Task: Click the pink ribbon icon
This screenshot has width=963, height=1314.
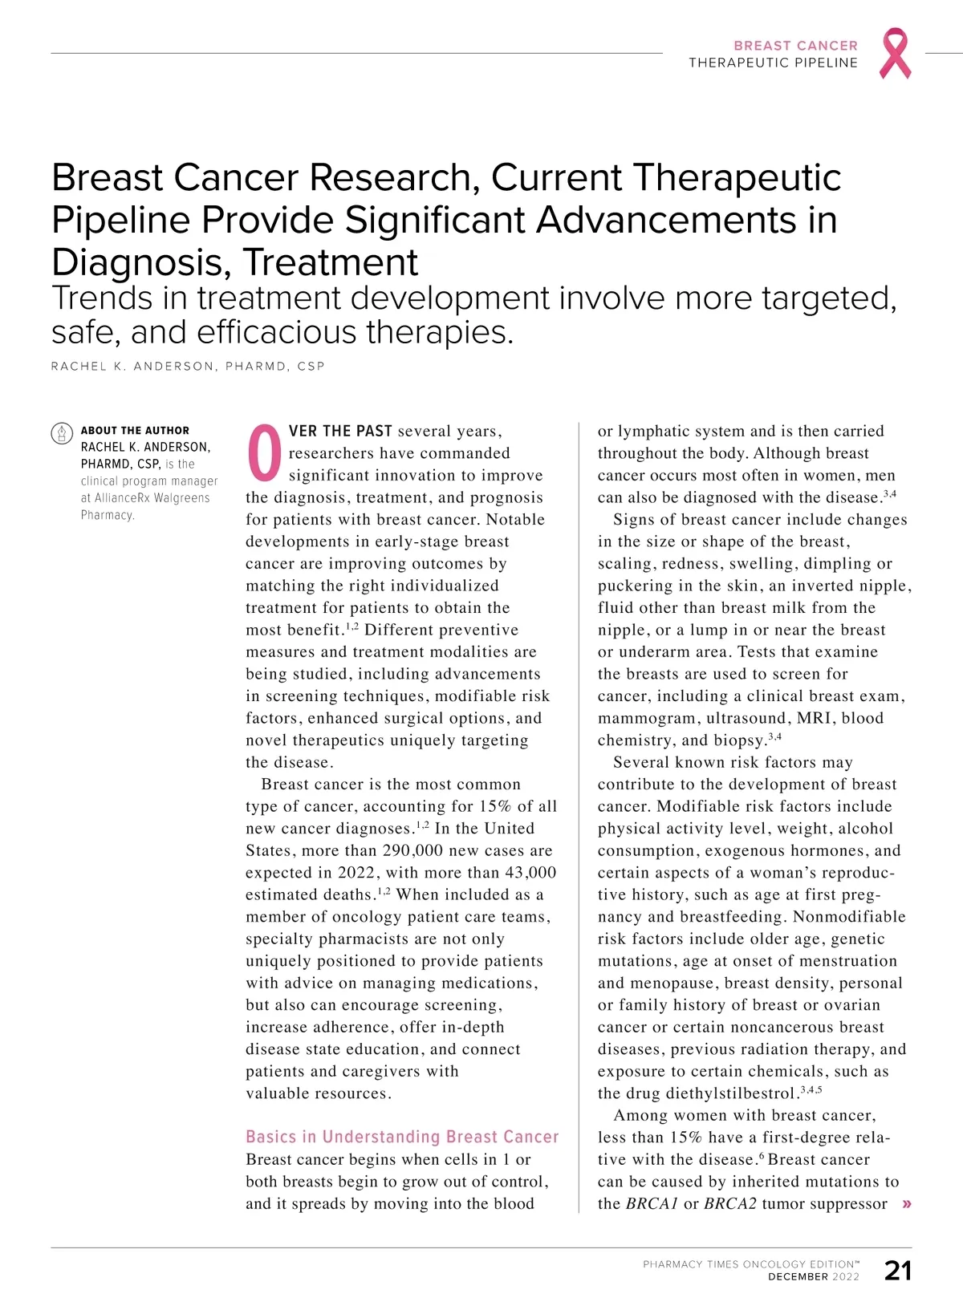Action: tap(896, 53)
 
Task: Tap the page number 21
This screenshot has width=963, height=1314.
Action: tap(898, 1271)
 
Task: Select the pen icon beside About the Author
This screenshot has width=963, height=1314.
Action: tap(62, 433)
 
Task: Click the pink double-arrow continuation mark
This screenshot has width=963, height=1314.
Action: tap(907, 1204)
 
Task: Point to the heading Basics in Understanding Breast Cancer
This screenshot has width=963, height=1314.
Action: tap(402, 1137)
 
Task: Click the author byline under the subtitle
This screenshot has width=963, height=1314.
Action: tap(188, 367)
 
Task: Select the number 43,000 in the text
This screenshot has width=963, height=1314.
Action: tap(530, 873)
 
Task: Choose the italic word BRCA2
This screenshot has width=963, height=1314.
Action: tap(729, 1204)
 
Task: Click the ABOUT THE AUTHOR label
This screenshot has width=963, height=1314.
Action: tap(135, 431)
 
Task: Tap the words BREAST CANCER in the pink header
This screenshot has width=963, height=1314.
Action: tap(795, 46)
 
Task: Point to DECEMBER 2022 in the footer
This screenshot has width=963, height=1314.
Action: tap(813, 1277)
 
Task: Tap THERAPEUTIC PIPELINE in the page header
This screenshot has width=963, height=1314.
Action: tap(773, 63)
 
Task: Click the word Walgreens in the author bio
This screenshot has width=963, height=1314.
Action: tap(182, 498)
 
